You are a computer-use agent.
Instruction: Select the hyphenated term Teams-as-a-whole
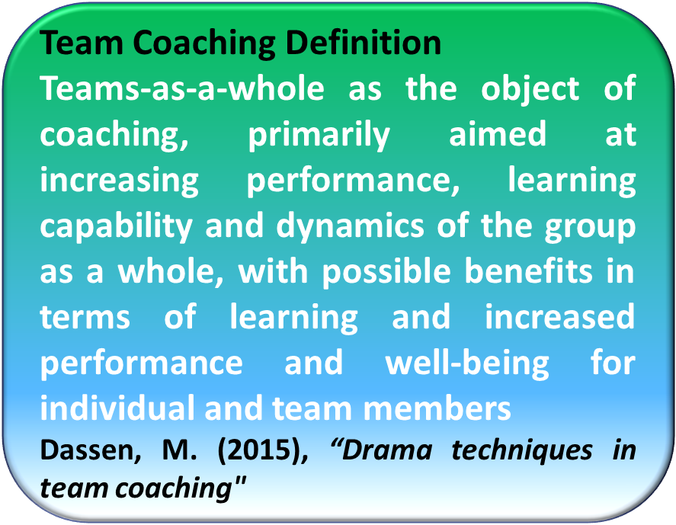pos(182,88)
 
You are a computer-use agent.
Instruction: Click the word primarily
pos(319,136)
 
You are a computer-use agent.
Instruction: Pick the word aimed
pos(498,133)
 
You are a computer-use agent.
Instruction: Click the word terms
pos(85,318)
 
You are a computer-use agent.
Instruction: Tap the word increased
pos(560,318)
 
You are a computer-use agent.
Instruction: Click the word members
pos(437,408)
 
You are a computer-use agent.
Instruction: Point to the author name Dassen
pos(91,451)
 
